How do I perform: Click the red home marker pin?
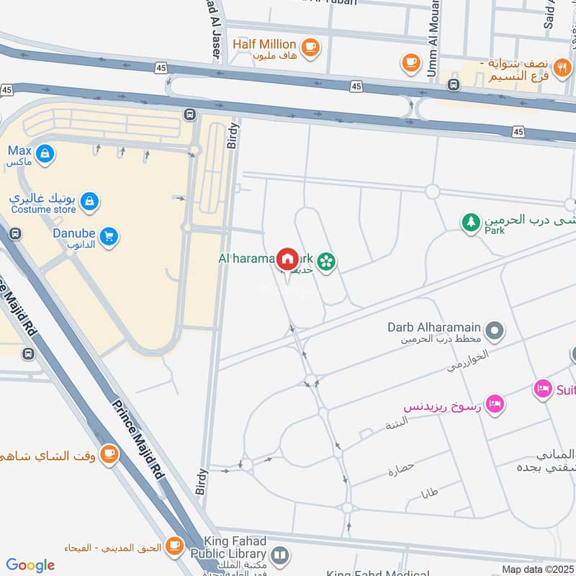tap(287, 258)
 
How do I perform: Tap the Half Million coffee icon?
tap(310, 47)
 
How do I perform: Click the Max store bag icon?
tap(45, 153)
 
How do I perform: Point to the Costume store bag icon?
tap(89, 200)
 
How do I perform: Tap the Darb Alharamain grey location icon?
tap(494, 331)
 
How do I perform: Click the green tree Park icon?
tap(471, 222)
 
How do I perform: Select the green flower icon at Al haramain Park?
tap(327, 262)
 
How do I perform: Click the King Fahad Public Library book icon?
tap(280, 555)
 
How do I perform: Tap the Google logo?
tap(30, 565)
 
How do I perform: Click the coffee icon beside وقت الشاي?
tap(109, 454)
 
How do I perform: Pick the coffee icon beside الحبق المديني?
tap(174, 546)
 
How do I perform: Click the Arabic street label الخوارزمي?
tap(467, 361)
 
